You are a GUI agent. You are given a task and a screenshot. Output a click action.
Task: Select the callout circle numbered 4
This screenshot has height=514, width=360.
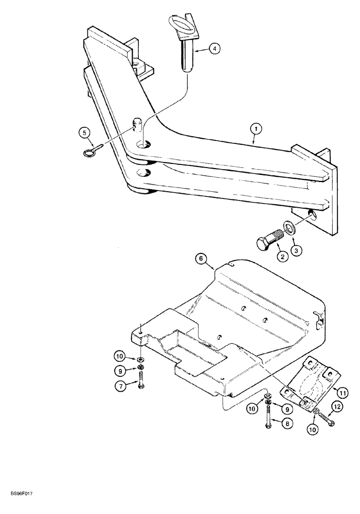pos(214,49)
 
